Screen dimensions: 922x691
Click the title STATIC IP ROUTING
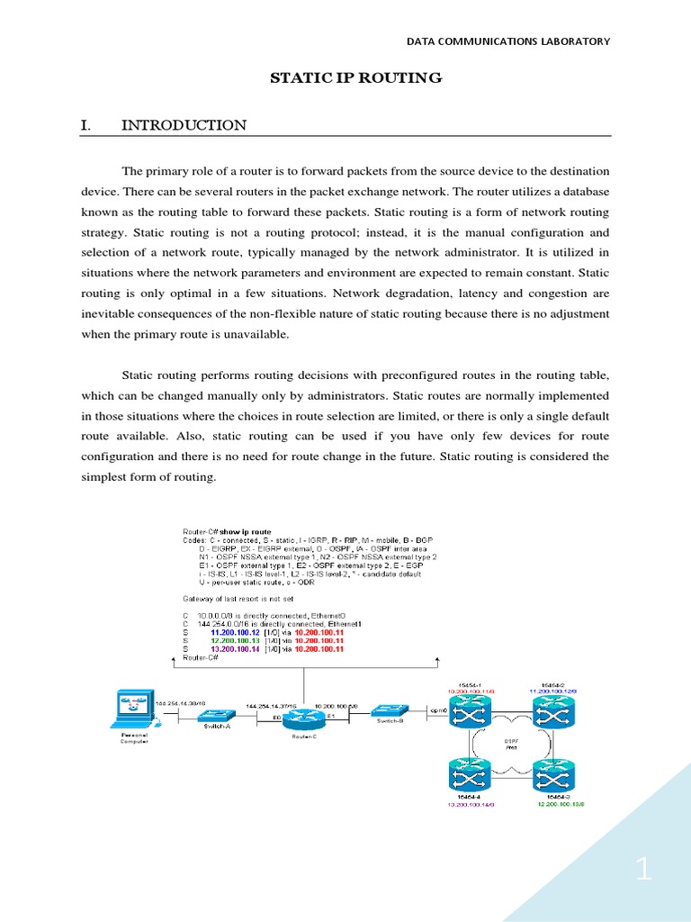coord(356,78)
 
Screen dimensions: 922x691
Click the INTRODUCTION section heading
coord(184,125)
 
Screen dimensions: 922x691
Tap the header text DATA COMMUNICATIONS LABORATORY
coord(508,41)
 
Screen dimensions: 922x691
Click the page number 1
coord(643,870)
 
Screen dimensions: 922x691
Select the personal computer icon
coord(131,709)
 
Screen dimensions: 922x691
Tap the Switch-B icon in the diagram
coord(390,710)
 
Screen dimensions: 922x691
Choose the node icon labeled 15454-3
coord(552,776)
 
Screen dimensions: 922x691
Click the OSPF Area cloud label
coord(510,744)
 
